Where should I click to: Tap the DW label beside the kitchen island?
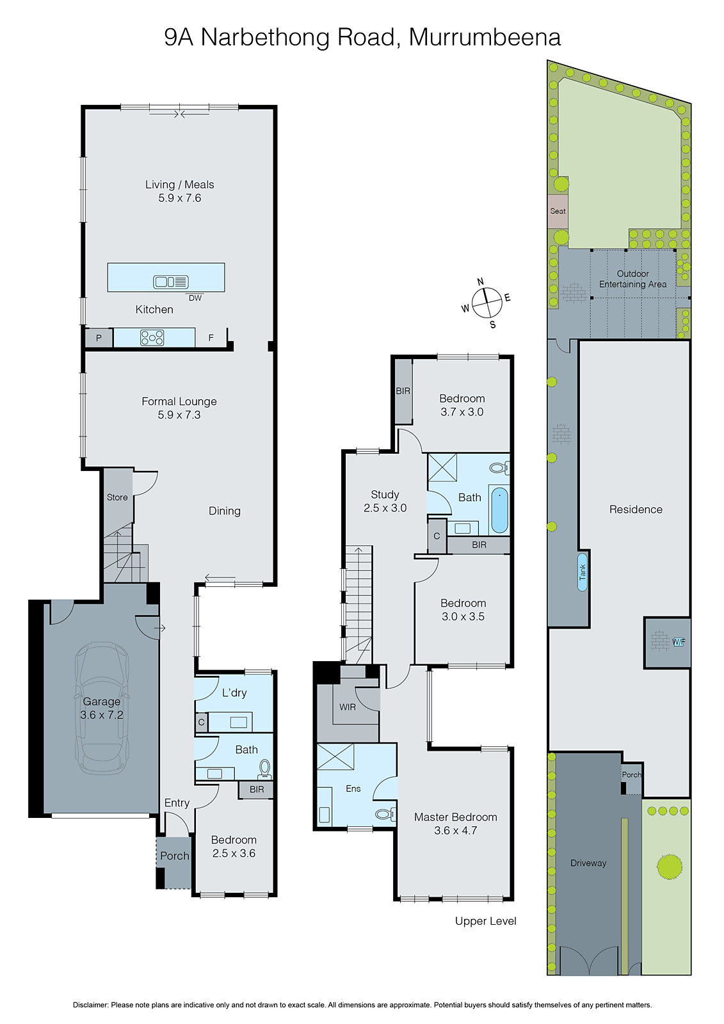(195, 298)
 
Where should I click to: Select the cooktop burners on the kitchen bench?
(152, 337)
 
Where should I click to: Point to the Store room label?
(117, 497)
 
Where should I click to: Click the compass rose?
(487, 303)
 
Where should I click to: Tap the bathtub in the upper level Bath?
(499, 510)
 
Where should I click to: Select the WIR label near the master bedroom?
(348, 707)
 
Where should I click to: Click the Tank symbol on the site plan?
(583, 572)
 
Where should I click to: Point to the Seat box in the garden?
(558, 211)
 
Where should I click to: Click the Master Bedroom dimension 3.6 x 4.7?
(455, 831)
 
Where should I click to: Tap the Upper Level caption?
(485, 921)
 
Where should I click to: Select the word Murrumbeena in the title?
(485, 37)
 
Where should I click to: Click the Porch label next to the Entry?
(174, 856)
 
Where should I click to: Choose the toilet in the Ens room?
(384, 814)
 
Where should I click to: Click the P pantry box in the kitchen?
(99, 338)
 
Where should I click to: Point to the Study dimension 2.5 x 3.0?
(385, 508)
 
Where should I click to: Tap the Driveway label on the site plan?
(588, 863)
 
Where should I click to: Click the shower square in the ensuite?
(335, 758)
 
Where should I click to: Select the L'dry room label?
(234, 692)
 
